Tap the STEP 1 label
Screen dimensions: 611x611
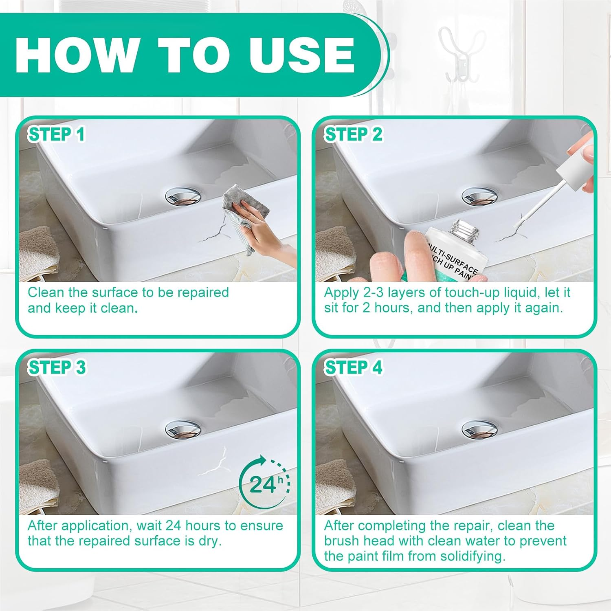pos(56,134)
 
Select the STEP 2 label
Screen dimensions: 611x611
pos(353,134)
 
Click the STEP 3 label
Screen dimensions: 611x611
pos(57,367)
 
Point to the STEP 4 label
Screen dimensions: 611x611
pos(353,367)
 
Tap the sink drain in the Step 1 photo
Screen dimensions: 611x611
pos(183,196)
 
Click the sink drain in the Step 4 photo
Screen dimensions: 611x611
pos(479,429)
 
